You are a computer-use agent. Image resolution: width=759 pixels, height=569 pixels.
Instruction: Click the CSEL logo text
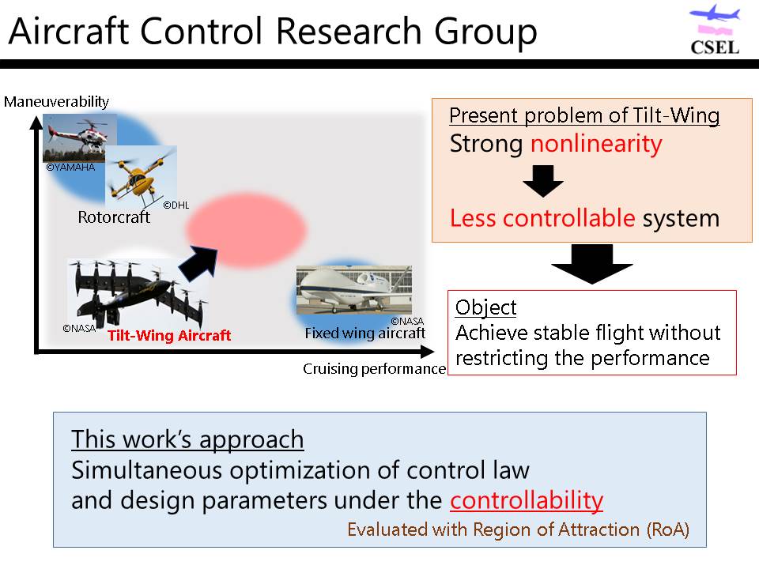[x=715, y=47]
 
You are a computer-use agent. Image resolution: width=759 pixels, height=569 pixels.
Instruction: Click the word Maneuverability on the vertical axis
[x=57, y=102]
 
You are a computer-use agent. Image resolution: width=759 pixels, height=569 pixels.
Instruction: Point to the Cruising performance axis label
[x=374, y=369]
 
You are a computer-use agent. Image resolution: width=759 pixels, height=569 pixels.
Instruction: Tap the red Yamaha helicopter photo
[x=80, y=138]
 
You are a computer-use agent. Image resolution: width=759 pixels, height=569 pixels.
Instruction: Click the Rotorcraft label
[x=114, y=217]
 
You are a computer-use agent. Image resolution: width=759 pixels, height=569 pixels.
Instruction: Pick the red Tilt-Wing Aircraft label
[x=169, y=335]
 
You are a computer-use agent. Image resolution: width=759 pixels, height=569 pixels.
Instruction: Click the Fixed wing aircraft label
[x=365, y=333]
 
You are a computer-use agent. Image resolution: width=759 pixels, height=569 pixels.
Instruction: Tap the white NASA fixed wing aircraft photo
[x=354, y=290]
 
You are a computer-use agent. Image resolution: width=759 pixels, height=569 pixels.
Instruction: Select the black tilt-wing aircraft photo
[x=138, y=292]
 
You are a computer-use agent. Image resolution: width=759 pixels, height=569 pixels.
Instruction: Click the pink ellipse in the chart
[x=247, y=229]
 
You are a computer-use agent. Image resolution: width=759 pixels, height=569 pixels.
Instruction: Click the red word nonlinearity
[x=596, y=144]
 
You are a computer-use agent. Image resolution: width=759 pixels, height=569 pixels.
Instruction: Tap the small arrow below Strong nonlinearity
[x=543, y=181]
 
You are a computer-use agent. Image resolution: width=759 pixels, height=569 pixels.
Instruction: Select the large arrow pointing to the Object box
[x=592, y=264]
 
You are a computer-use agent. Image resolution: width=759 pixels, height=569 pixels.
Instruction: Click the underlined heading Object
[x=486, y=307]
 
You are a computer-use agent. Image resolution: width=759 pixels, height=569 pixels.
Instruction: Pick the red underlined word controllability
[x=527, y=500]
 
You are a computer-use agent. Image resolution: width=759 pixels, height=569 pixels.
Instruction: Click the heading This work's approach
[x=187, y=440]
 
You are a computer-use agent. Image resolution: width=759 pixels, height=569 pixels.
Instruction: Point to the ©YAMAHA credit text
[x=70, y=168]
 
